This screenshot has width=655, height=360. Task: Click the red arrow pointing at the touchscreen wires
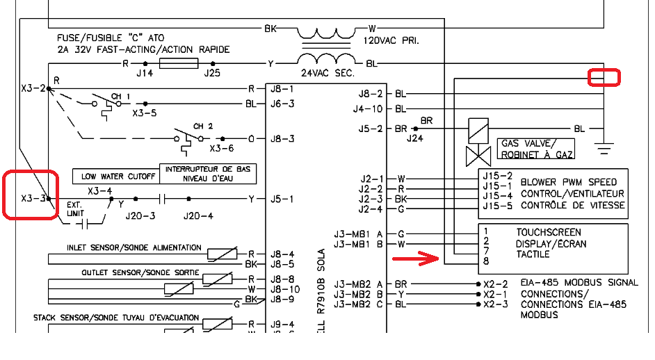click(x=415, y=259)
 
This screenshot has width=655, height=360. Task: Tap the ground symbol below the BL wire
click(x=604, y=147)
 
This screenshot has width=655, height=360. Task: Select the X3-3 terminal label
click(x=33, y=198)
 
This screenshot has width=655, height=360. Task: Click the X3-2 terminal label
click(x=33, y=89)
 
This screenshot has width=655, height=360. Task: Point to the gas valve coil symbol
click(x=478, y=129)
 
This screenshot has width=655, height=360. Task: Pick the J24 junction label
click(x=415, y=138)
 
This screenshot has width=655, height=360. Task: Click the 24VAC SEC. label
click(x=327, y=73)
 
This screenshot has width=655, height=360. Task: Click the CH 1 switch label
click(x=122, y=96)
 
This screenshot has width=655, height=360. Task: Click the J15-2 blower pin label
click(x=497, y=175)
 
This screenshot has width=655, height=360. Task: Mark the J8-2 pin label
click(x=371, y=94)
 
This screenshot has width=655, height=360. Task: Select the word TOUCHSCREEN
click(x=549, y=232)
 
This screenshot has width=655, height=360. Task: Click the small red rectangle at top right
click(x=604, y=77)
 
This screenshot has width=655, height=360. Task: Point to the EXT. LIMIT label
click(x=74, y=209)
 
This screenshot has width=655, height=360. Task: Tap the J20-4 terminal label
click(x=198, y=216)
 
